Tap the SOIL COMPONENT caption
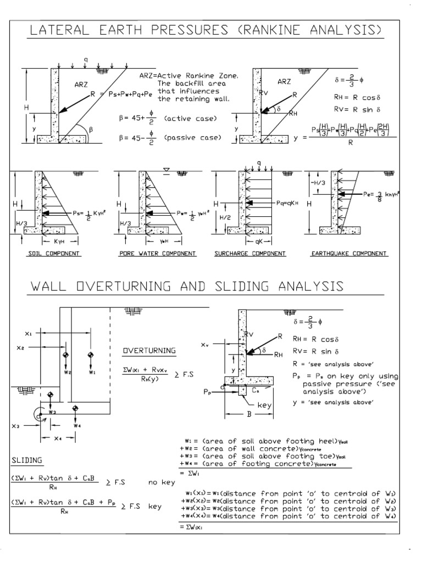click(54, 254)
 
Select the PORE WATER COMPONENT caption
click(157, 254)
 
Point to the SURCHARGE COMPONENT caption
click(252, 254)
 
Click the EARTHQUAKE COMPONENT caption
click(349, 254)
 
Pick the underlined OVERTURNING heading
click(149, 350)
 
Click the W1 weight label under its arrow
click(91, 372)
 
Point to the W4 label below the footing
click(76, 424)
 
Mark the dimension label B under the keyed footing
click(249, 415)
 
